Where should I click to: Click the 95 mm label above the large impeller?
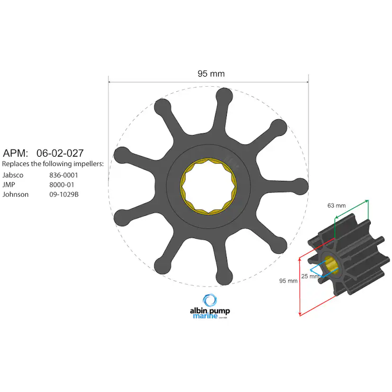211,73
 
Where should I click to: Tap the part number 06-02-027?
60,153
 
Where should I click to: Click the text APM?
16,153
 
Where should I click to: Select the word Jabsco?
13,175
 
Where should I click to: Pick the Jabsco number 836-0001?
63,175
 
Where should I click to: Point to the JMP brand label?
9,185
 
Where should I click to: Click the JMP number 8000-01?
62,185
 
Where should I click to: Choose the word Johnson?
15,194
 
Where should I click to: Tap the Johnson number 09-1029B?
64,194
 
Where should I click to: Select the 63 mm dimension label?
337,205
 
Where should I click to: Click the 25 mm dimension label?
310,276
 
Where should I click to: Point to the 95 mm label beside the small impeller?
288,281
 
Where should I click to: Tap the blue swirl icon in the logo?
209,300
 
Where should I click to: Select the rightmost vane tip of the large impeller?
300,186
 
